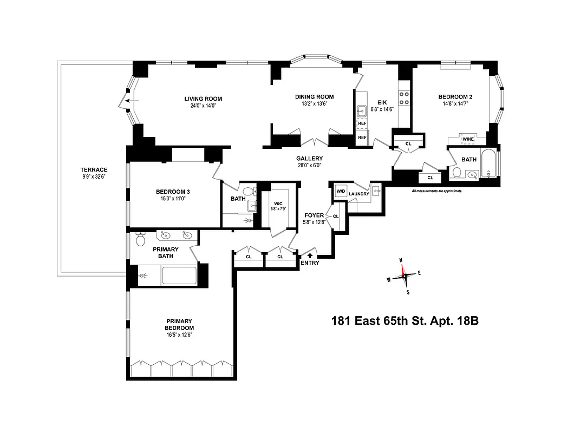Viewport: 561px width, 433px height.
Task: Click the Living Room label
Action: coord(203,99)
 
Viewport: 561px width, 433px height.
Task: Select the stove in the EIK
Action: coord(404,97)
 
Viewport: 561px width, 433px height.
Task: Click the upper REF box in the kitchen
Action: coord(362,124)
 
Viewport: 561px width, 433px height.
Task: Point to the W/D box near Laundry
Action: coord(341,192)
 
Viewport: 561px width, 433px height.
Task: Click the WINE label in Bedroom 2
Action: coord(468,139)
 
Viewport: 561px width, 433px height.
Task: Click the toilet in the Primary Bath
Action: coord(141,239)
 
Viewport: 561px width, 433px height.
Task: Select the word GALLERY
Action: coord(309,159)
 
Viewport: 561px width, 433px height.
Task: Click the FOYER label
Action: coord(314,215)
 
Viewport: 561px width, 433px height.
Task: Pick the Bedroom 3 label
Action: coord(172,192)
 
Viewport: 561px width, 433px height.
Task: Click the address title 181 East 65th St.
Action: coord(405,320)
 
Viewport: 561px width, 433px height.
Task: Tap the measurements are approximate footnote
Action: coord(436,191)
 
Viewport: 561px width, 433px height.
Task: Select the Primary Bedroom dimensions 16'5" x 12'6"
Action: coord(179,334)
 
